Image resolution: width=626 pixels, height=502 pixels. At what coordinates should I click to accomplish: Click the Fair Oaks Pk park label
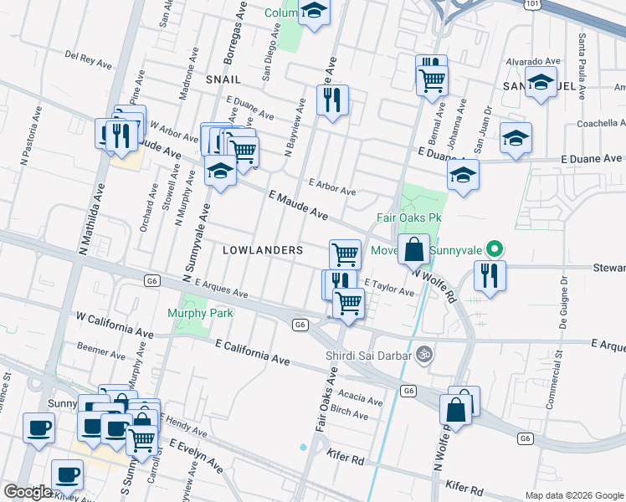408,218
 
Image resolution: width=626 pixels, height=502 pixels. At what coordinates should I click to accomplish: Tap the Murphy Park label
200,313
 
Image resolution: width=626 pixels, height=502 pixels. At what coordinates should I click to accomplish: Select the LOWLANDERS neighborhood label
262,250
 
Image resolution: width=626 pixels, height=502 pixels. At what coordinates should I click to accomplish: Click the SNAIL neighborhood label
223,79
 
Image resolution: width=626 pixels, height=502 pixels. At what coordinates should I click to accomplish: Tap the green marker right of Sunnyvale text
495,248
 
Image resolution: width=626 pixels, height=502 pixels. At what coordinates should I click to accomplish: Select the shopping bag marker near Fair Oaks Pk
413,249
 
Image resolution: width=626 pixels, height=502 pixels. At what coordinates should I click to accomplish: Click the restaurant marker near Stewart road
490,276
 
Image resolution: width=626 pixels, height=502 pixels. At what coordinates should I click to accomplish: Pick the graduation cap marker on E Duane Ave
462,175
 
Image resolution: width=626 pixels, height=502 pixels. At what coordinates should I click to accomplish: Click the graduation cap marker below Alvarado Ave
541,83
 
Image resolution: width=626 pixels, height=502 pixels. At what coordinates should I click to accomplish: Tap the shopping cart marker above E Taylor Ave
345,254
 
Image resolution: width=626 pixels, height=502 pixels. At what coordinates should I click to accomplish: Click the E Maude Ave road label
298,205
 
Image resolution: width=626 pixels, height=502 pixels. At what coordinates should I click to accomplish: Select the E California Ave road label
253,352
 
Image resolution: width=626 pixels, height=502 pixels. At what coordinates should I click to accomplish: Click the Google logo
28,492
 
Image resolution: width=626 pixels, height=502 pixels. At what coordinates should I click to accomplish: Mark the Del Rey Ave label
89,60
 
